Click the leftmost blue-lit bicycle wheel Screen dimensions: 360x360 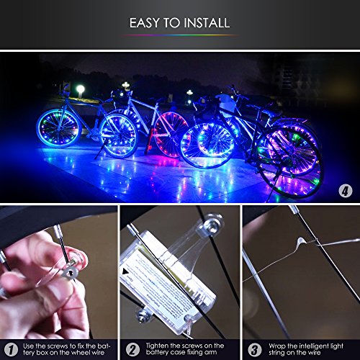pyautogui.click(x=58, y=128)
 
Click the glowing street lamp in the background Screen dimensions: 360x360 pyautogui.click(x=81, y=91)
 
